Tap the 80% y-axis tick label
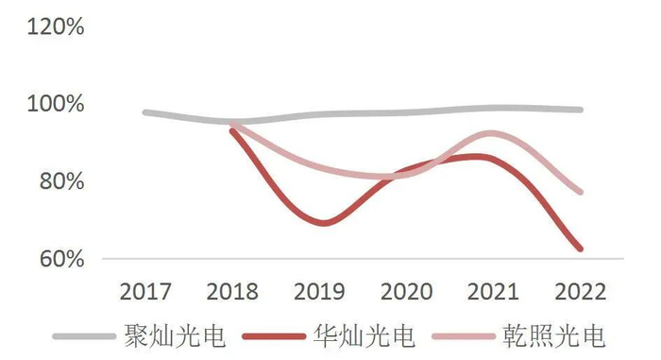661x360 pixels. coord(61,180)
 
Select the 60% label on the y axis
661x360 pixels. coord(61,257)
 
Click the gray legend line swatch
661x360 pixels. coord(83,336)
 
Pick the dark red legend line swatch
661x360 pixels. coord(274,336)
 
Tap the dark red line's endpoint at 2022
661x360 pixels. coord(580,249)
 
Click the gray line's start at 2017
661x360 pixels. coord(145,112)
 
